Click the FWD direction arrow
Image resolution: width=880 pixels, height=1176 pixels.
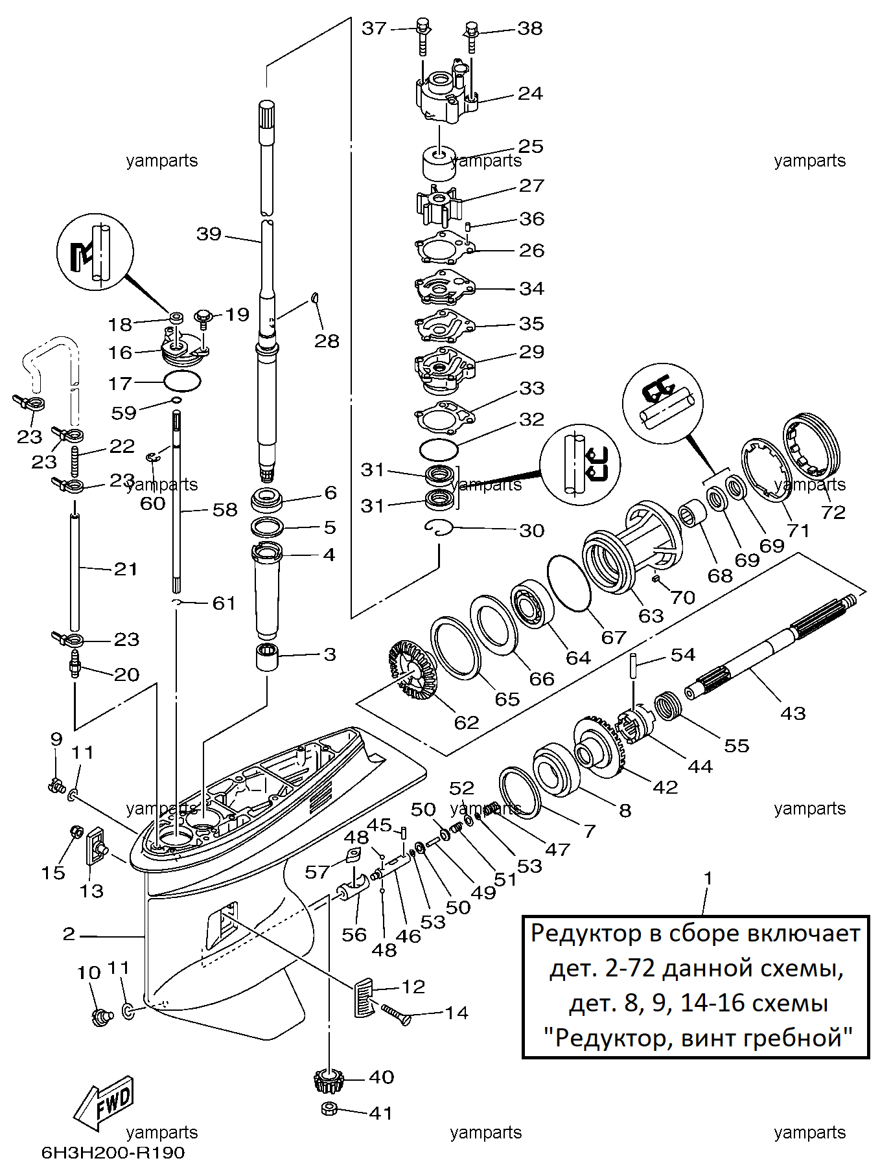pyautogui.click(x=104, y=1101)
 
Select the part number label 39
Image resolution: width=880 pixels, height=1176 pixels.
pyautogui.click(x=209, y=234)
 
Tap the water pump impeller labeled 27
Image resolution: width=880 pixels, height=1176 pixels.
pyautogui.click(x=437, y=203)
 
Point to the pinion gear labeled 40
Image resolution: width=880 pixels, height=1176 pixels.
pyautogui.click(x=329, y=1080)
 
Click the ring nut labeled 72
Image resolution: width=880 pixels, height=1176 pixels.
pyautogui.click(x=811, y=446)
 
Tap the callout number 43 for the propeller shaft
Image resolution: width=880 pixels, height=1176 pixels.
pyautogui.click(x=793, y=713)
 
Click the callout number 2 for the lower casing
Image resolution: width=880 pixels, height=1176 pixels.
pyautogui.click(x=69, y=934)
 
